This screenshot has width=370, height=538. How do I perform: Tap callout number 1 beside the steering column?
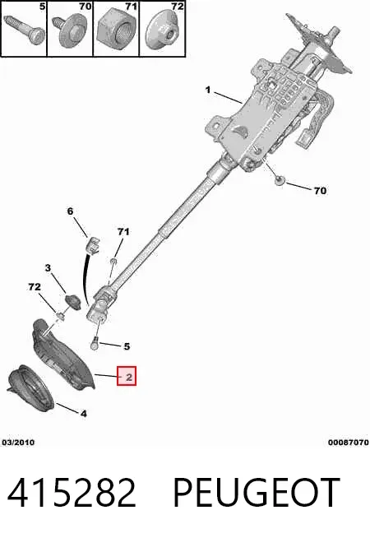tap(208, 90)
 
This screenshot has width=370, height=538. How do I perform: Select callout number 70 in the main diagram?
tap(321, 190)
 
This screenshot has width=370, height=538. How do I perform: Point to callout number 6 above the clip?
tap(70, 211)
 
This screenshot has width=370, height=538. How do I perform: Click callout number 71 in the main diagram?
tap(123, 232)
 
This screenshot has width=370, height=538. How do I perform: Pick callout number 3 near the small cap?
tap(48, 267)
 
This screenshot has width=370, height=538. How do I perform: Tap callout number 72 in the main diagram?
tap(35, 286)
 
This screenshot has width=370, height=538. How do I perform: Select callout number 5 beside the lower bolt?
tap(127, 346)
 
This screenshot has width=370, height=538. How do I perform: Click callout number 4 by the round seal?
tap(84, 414)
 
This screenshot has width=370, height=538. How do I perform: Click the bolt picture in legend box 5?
tap(25, 30)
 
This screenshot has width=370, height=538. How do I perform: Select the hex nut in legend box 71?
tap(116, 34)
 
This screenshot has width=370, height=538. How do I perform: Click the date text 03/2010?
tap(18, 443)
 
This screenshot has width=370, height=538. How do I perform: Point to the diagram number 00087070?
tap(349, 443)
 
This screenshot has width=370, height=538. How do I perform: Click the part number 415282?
tap(72, 493)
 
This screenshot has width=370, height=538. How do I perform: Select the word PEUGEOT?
tap(257, 493)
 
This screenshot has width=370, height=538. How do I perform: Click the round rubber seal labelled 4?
tap(31, 387)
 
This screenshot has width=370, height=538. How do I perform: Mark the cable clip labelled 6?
tap(94, 244)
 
